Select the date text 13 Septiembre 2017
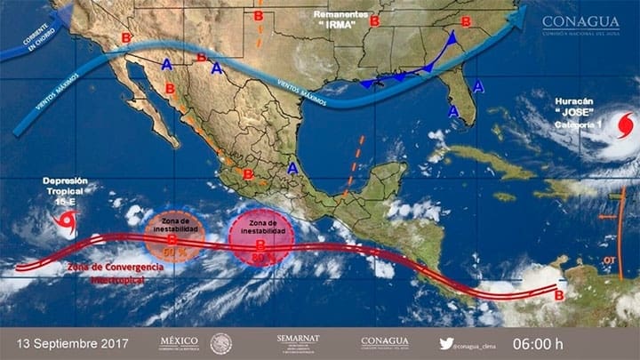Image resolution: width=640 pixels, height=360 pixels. click(69, 342)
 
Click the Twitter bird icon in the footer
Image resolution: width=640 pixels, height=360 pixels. click(446, 342)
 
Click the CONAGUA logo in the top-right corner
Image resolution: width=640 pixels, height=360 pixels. click(580, 24)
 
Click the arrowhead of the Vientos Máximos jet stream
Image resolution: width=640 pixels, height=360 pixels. click(519, 16)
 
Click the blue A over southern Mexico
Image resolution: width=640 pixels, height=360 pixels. click(293, 167)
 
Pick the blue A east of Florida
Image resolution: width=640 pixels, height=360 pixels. click(479, 86)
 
